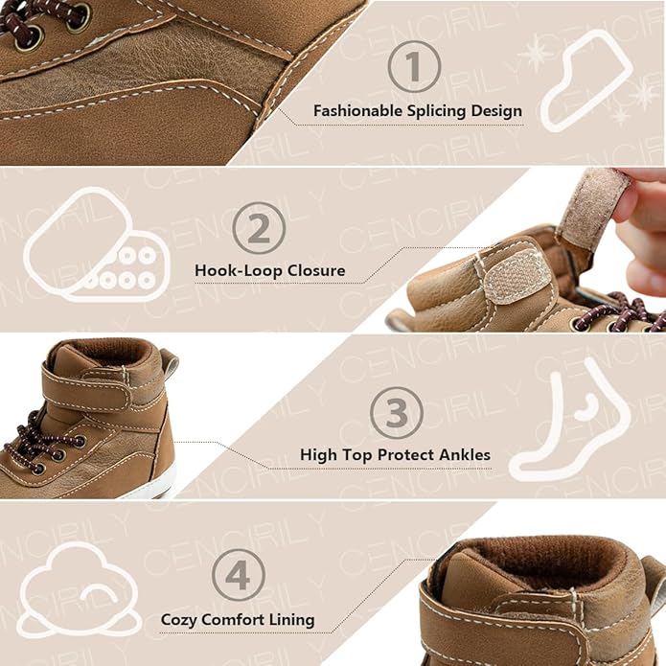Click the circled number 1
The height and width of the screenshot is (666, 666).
(x=414, y=66)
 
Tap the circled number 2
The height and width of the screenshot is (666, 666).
(x=259, y=228)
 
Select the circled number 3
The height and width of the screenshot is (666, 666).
(x=397, y=412)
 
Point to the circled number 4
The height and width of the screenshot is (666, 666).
(x=239, y=575)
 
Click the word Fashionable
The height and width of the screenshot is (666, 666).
(x=358, y=111)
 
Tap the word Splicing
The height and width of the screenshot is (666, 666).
(x=437, y=112)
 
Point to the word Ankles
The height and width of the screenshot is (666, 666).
(x=465, y=455)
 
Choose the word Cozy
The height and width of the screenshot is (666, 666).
(x=179, y=620)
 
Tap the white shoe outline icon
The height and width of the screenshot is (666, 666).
(x=587, y=80)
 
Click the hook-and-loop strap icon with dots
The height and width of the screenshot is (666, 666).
(x=97, y=245)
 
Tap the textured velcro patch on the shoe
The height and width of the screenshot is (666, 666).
(x=514, y=274)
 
